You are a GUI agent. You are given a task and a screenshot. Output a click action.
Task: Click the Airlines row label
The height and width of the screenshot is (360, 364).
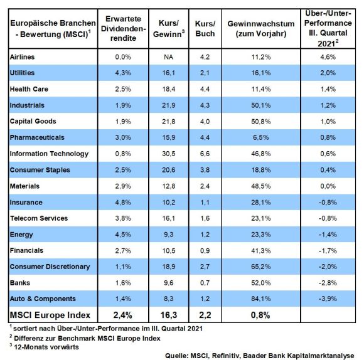pyautogui.click(x=22, y=57)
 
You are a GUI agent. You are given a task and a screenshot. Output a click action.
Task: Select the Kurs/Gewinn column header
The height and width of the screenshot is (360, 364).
pyautogui.click(x=169, y=28)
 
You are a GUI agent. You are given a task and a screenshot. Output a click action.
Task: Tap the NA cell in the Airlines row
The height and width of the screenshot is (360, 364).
pyautogui.click(x=169, y=57)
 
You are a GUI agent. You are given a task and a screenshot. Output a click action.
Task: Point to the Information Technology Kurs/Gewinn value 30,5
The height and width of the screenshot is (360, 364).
pyautogui.click(x=169, y=154)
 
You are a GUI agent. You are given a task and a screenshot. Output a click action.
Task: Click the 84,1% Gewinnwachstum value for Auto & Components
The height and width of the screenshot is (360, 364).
pyautogui.click(x=260, y=299)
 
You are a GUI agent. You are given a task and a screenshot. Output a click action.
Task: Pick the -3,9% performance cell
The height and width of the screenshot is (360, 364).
pyautogui.click(x=328, y=299)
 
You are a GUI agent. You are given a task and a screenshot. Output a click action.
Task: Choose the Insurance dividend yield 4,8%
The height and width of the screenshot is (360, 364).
pyautogui.click(x=123, y=203)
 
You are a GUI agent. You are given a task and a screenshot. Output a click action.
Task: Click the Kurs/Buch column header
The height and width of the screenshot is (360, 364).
pyautogui.click(x=205, y=28)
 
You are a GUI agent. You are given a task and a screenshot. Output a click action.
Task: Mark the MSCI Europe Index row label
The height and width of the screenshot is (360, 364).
pyautogui.click(x=50, y=315)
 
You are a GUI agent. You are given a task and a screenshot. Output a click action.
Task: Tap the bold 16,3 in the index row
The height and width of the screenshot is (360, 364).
pyautogui.click(x=169, y=315)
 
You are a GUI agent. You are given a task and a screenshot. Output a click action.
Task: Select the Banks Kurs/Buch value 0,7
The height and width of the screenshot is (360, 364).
pyautogui.click(x=205, y=283)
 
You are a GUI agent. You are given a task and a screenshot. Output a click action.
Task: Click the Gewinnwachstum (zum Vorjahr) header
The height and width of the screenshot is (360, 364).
pyautogui.click(x=261, y=28)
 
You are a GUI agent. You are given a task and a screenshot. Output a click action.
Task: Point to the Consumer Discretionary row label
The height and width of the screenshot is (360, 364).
pyautogui.click(x=50, y=267)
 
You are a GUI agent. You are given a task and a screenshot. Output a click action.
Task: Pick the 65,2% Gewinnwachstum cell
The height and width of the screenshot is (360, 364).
pyautogui.click(x=260, y=267)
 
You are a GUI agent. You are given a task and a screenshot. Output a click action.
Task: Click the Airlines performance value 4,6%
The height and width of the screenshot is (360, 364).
pyautogui.click(x=328, y=57)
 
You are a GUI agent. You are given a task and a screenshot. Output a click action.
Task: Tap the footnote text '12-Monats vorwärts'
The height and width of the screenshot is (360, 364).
pyautogui.click(x=46, y=347)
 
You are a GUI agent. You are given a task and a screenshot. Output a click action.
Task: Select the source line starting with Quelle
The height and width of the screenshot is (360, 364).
pyautogui.click(x=260, y=356)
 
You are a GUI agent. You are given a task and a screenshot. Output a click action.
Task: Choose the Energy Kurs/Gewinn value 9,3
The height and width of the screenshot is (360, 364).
pyautogui.click(x=169, y=235)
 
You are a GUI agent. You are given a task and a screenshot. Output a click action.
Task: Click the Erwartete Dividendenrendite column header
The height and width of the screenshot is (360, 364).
pyautogui.click(x=123, y=28)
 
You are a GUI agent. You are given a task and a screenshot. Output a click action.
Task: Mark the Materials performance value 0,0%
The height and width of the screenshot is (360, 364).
pyautogui.click(x=328, y=186)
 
